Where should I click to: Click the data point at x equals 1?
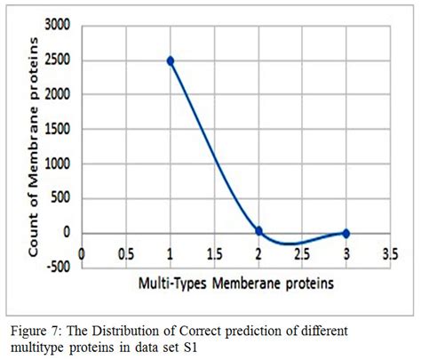[x=170, y=60]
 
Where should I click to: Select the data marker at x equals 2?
[x=258, y=231]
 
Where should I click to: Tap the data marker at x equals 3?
[x=346, y=233]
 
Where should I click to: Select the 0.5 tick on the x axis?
[x=126, y=252]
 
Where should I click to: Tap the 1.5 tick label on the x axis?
[x=214, y=252]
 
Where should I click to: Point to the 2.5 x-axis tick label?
[x=302, y=252]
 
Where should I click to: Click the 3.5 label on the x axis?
[x=389, y=252]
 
